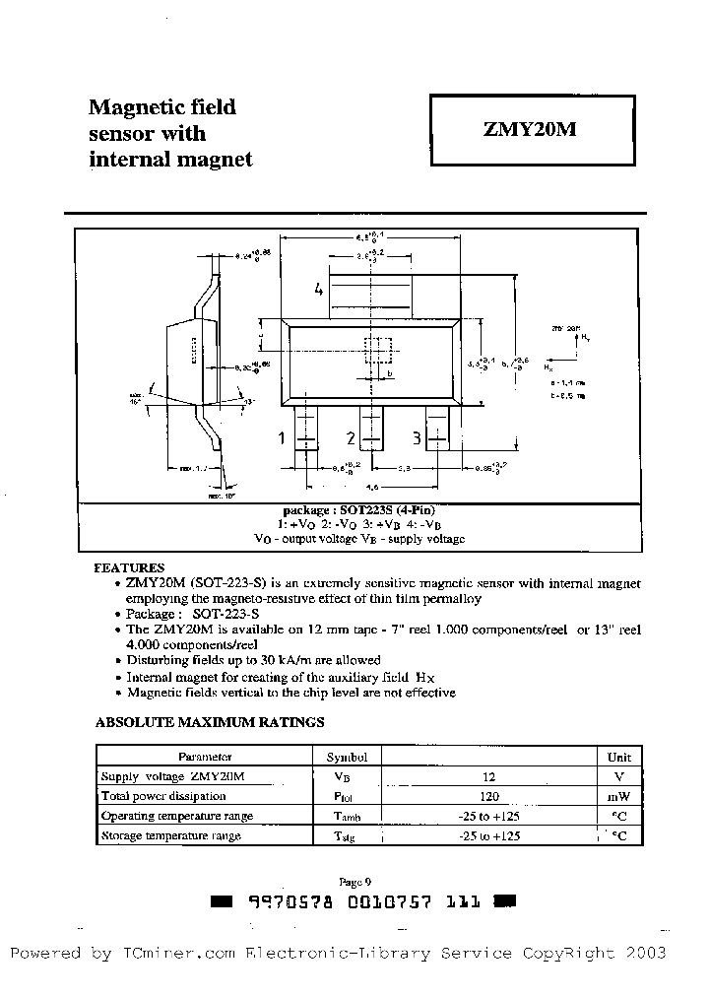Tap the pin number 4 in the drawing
[318, 289]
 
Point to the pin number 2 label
[351, 438]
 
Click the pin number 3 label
[419, 438]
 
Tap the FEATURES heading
[129, 568]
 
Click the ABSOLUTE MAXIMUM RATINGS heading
[210, 722]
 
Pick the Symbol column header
[347, 757]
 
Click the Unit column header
[618, 757]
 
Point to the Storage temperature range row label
[171, 835]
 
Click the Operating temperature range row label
[177, 816]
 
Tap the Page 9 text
[354, 883]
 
